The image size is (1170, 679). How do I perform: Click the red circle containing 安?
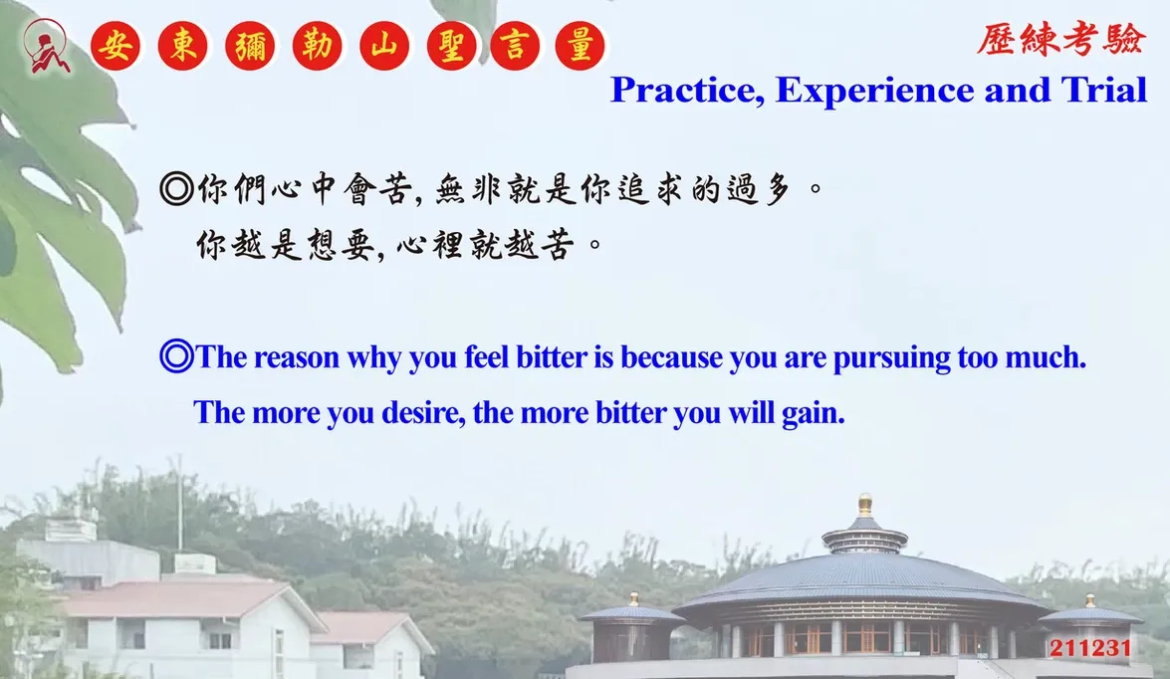tap(116, 46)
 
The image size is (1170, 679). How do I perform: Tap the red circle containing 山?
tap(384, 46)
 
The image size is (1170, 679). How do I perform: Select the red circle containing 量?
tap(580, 46)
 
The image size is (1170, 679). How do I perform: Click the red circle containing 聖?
tap(451, 46)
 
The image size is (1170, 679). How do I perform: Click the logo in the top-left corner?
tap(47, 46)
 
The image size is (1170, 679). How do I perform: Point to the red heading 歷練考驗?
tap(1060, 39)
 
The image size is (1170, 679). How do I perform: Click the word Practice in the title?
tap(687, 91)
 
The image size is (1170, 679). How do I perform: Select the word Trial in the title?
tap(1104, 90)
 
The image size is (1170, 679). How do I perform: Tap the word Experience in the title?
tap(875, 92)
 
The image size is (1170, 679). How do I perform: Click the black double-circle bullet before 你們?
tap(177, 188)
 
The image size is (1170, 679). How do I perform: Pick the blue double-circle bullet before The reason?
tap(177, 355)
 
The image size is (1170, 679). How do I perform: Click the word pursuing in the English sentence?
tap(891, 358)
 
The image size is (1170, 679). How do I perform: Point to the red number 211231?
tap(1090, 648)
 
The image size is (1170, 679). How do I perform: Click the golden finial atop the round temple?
tap(865, 505)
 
